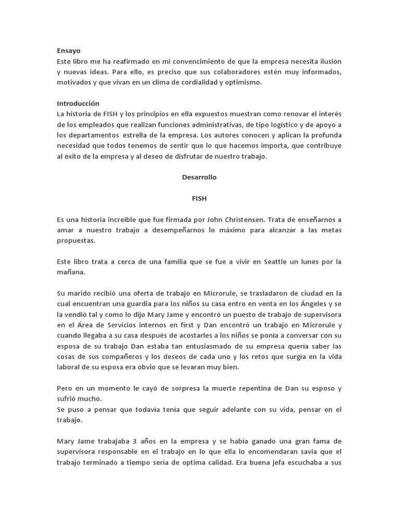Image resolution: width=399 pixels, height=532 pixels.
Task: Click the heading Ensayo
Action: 69,50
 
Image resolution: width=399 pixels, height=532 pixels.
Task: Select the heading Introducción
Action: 78,103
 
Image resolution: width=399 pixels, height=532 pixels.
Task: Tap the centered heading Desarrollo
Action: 199,177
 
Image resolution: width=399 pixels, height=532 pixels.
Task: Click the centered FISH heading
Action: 199,198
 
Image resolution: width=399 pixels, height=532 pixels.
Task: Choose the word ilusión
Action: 328,61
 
